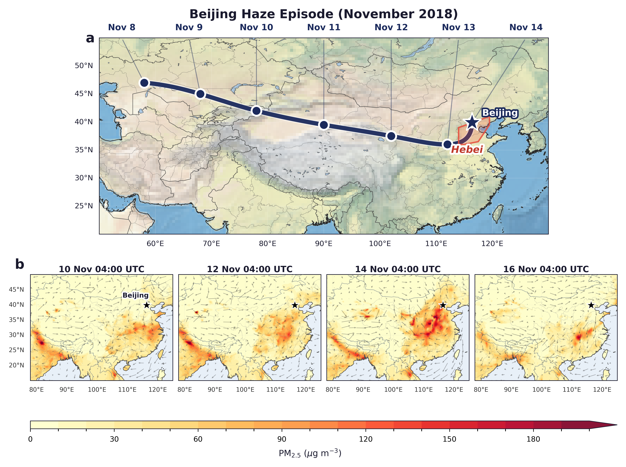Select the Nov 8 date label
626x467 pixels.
pos(122,27)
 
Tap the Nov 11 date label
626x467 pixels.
pos(324,27)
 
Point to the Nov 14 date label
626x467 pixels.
pos(526,27)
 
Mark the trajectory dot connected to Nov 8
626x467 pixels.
pos(144,83)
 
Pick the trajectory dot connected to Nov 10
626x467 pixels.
pos(256,111)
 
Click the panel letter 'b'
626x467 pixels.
pos(20,265)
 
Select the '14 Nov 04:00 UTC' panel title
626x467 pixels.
pos(398,269)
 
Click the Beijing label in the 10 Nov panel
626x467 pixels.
pos(136,295)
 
